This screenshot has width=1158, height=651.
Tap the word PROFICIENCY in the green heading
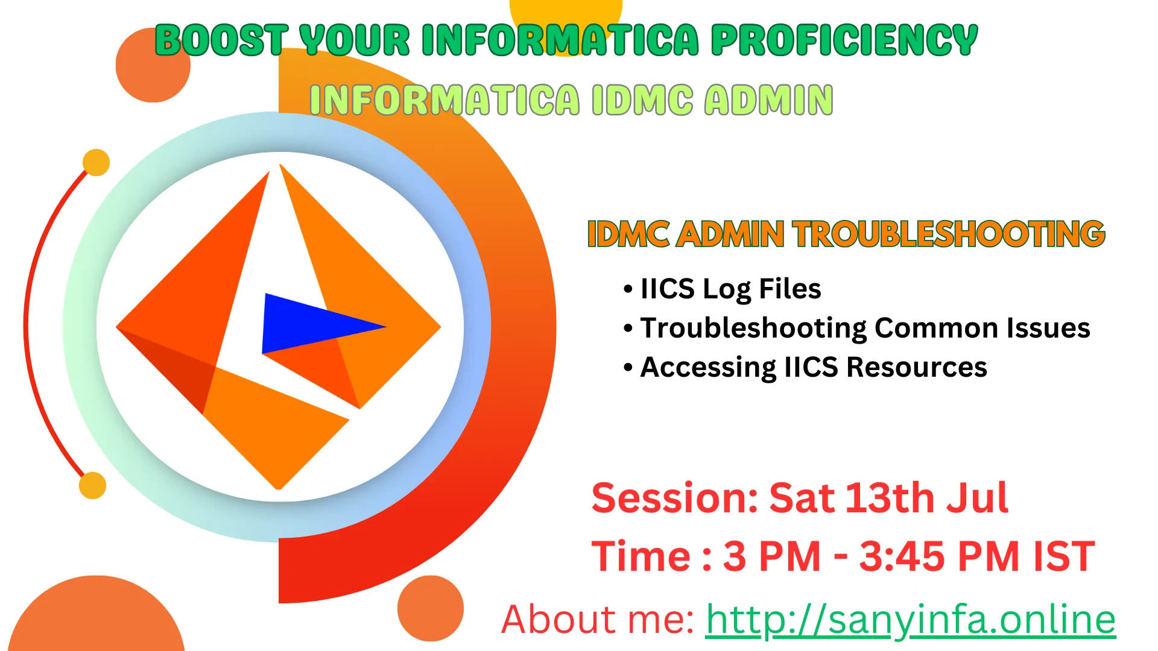pos(844,40)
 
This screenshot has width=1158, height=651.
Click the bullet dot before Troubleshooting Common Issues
pos(628,329)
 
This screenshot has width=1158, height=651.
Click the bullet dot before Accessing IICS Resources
pos(628,367)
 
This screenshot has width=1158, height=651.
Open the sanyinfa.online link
pos(911,619)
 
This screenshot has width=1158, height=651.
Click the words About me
pos(598,619)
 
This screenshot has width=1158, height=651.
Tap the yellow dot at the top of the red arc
pos(96,162)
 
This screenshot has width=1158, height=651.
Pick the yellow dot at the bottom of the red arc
pos(92,485)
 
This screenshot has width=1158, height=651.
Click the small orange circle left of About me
pos(430,608)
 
